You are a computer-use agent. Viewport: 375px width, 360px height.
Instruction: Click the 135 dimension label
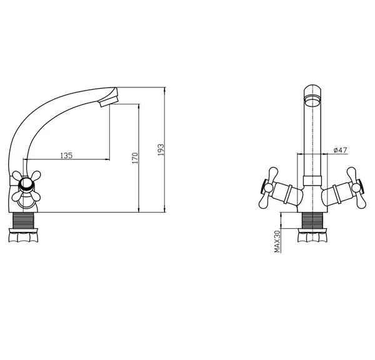66,156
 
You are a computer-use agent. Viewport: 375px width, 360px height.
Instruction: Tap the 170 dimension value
135,158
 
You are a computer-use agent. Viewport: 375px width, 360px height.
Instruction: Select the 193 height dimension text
161,150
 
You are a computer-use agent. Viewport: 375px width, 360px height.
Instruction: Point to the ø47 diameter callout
340,150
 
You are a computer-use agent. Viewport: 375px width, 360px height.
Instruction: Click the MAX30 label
277,241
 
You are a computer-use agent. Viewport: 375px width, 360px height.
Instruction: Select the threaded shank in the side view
23,220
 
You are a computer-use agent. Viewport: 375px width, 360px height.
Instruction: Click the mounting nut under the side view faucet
23,235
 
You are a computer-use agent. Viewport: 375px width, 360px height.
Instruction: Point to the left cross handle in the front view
269,187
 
